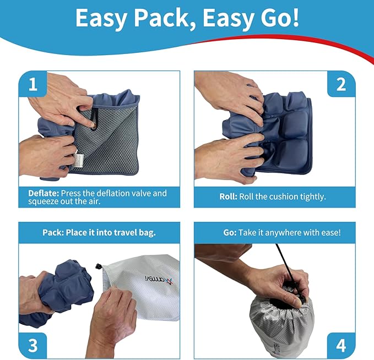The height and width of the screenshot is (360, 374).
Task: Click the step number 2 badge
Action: pyautogui.click(x=342, y=85)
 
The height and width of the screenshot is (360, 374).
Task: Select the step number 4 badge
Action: pyautogui.click(x=342, y=345)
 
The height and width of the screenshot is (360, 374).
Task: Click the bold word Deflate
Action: pyautogui.click(x=44, y=194)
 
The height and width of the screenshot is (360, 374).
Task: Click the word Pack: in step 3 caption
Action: pyautogui.click(x=55, y=233)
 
